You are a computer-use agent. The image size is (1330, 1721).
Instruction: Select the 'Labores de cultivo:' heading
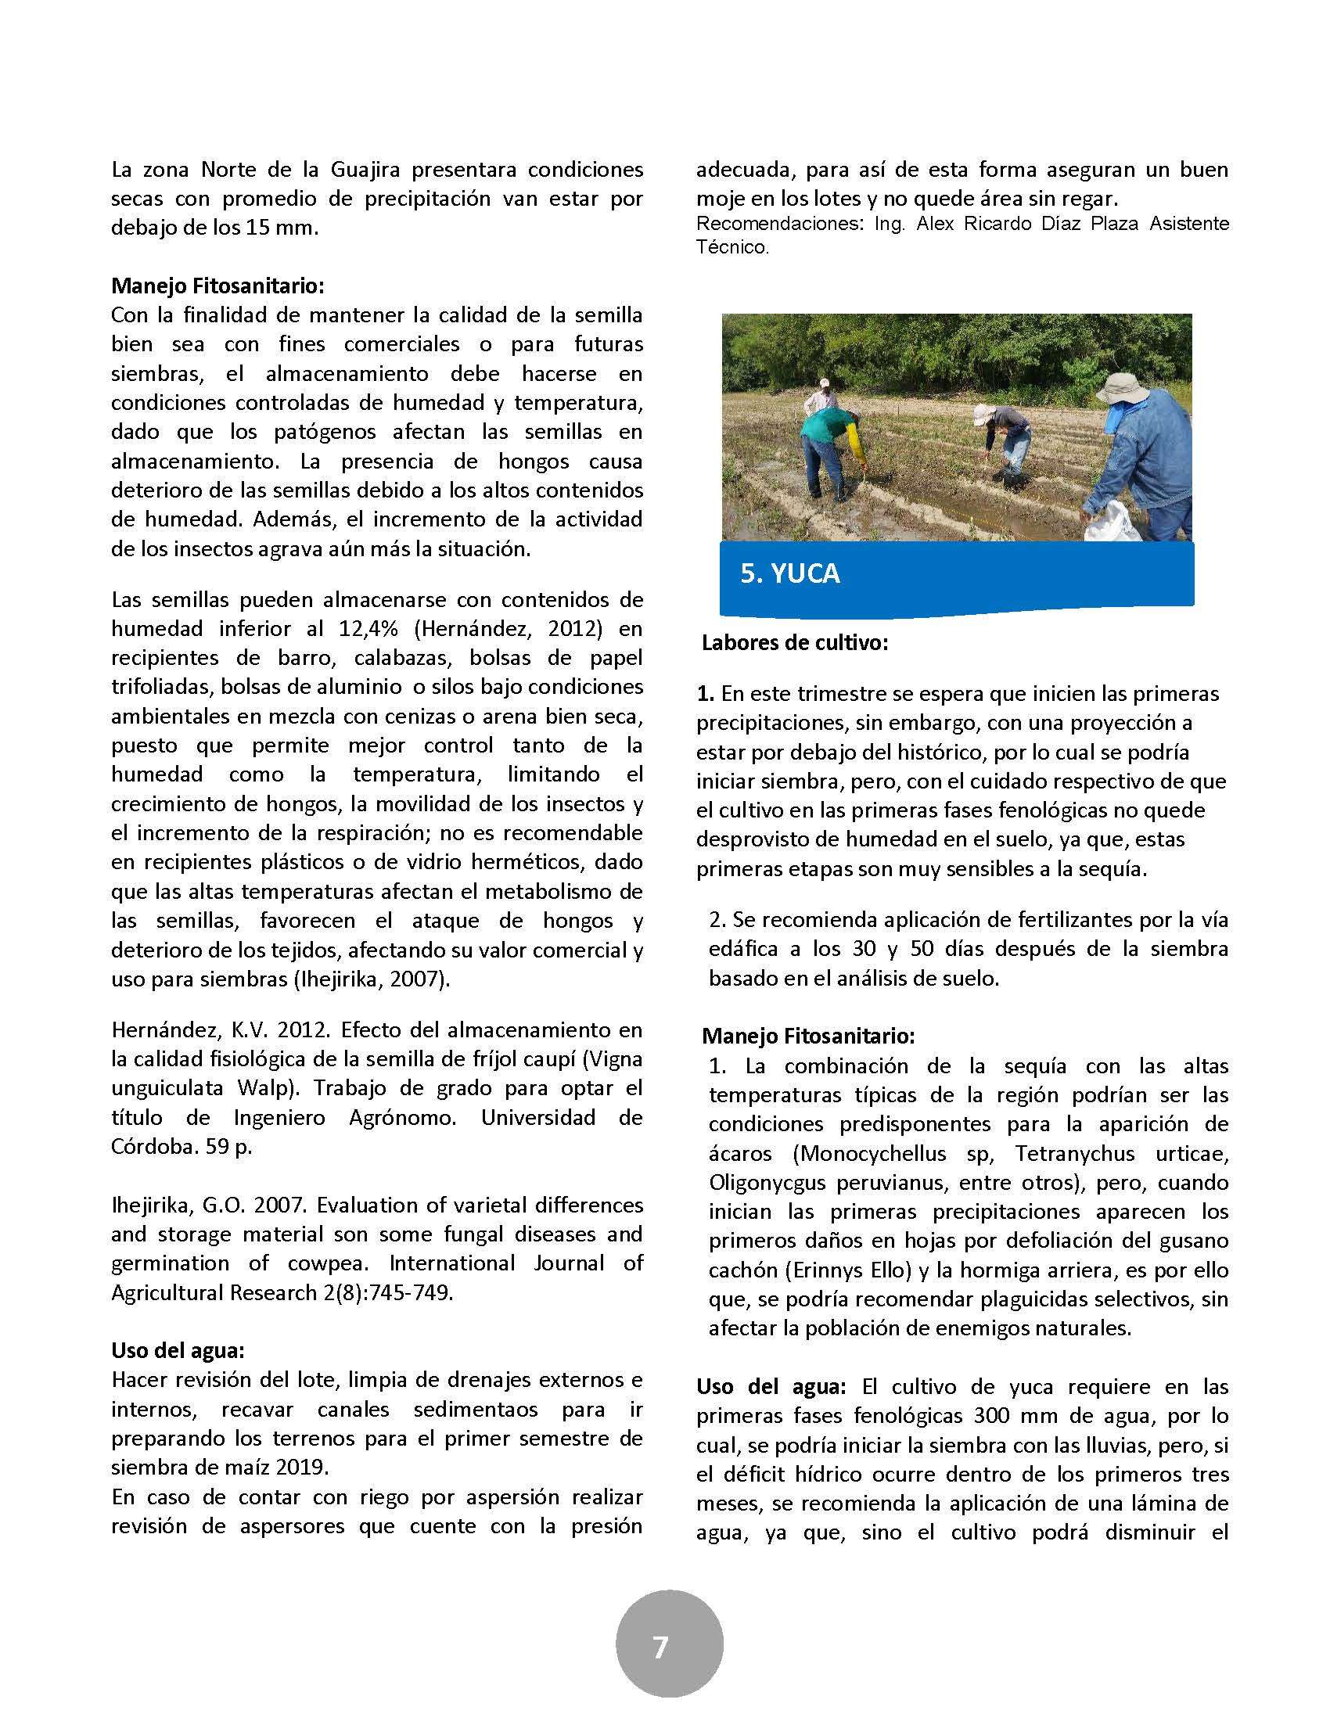pos(795,643)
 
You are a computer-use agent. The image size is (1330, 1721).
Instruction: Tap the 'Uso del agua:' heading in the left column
pos(178,1351)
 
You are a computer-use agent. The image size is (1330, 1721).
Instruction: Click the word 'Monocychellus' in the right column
pos(869,1154)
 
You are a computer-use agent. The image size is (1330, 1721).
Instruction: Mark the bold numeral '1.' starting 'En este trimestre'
pos(705,694)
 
